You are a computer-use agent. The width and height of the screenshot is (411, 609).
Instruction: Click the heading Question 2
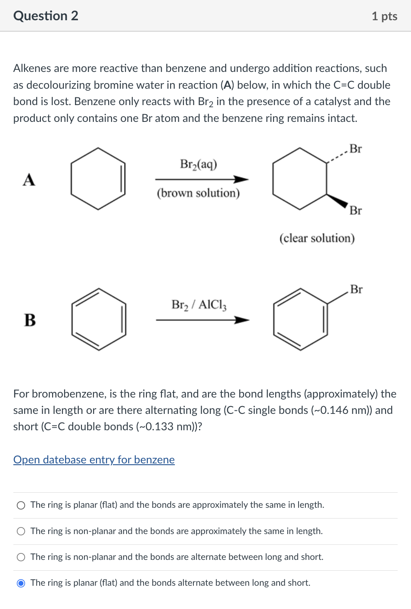[46, 16]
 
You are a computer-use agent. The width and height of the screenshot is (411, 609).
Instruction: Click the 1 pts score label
[384, 16]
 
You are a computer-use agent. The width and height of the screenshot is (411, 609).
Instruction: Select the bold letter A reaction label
[29, 180]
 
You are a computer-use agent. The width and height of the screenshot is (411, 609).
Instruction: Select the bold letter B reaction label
[30, 320]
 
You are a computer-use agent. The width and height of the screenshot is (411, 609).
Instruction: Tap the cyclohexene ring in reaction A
[98, 179]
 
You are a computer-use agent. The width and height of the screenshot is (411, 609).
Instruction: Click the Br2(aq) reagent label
[199, 164]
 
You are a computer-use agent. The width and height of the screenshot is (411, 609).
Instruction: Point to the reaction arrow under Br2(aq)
[202, 179]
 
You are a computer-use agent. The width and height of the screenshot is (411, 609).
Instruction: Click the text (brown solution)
[198, 193]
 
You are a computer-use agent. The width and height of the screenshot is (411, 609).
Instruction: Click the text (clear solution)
[317, 238]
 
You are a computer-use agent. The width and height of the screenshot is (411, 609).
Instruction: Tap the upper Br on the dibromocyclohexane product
[355, 149]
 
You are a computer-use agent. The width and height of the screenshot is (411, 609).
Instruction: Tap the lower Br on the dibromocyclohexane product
[355, 211]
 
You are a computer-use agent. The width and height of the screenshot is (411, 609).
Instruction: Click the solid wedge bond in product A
[338, 201]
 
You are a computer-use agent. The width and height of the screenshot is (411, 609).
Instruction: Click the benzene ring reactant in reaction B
[99, 319]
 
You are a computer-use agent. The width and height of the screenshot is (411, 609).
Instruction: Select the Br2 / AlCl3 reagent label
[199, 305]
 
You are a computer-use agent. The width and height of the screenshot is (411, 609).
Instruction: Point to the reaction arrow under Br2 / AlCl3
[202, 320]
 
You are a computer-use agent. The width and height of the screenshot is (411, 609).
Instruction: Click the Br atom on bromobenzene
[356, 289]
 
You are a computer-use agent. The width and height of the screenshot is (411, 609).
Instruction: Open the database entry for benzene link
[94, 460]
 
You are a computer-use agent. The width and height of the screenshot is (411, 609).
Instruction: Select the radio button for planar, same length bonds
[21, 505]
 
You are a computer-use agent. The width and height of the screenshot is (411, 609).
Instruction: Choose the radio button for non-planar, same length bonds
[21, 531]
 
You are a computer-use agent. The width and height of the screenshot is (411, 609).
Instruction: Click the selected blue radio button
[21, 583]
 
